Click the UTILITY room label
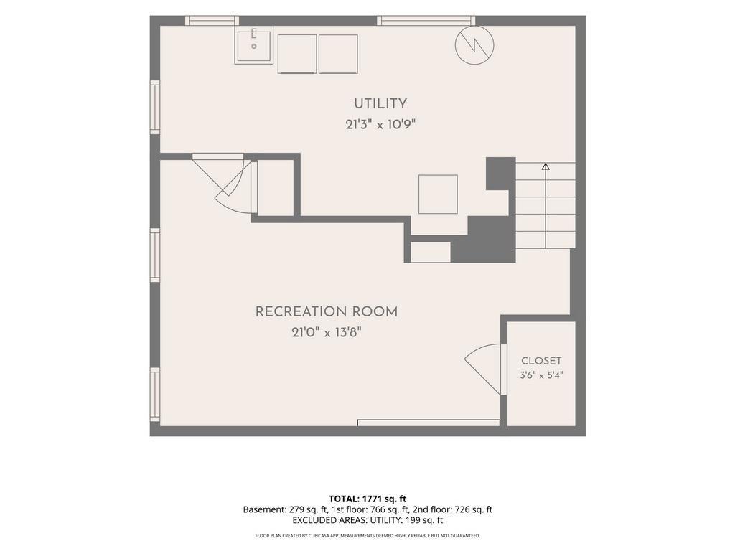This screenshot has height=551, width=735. tap(380, 103)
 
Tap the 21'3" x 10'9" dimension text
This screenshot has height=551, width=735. tap(380, 125)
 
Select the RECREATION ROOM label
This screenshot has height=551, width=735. tap(327, 311)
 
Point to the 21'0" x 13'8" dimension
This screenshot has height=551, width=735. tap(327, 333)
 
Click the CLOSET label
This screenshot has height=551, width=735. tap(541, 361)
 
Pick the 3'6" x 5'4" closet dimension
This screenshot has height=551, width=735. tap(541, 375)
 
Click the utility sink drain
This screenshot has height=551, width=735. tap(254, 46)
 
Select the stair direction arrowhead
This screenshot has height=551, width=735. tap(546, 166)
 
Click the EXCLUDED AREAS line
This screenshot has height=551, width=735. tap(367, 520)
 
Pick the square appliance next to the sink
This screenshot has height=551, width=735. tap(297, 54)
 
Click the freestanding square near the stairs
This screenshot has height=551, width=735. tap(438, 194)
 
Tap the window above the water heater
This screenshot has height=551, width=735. tap(426, 21)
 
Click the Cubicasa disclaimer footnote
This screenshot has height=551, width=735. tap(367, 535)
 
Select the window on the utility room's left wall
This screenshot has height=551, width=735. tap(155, 108)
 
